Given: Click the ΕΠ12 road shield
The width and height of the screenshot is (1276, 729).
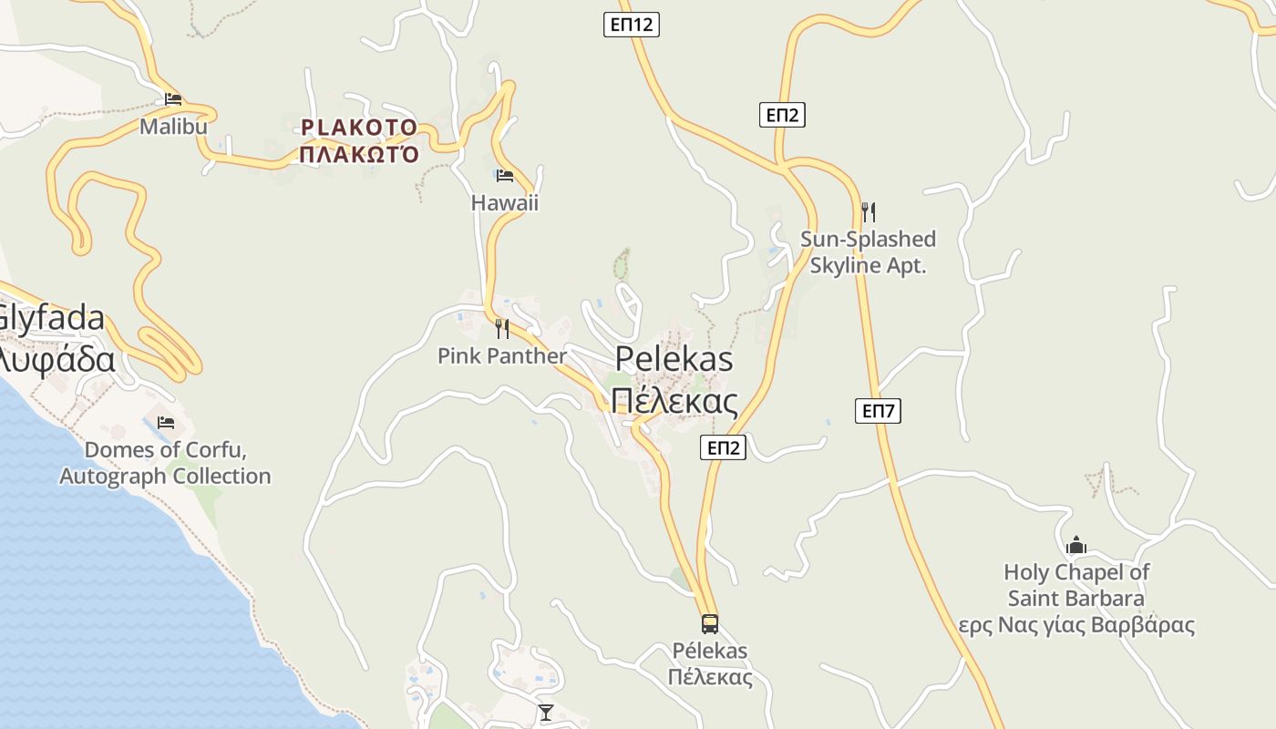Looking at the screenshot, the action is [631, 25].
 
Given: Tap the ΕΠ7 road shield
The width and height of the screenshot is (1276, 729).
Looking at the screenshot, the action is [879, 411].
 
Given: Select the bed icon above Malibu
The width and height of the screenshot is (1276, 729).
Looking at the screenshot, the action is [173, 99].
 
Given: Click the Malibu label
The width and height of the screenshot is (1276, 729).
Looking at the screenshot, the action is [173, 127].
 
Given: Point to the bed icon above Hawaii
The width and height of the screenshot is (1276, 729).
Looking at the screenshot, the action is [504, 175].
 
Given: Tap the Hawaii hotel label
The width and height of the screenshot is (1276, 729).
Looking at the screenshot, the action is [504, 202].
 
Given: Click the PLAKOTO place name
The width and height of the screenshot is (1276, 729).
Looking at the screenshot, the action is [359, 128].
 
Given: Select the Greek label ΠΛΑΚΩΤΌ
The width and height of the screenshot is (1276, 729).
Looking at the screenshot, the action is [359, 153].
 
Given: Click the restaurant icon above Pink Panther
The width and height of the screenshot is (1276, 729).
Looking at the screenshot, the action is [501, 328].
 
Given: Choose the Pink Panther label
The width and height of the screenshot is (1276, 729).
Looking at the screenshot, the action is [502, 355].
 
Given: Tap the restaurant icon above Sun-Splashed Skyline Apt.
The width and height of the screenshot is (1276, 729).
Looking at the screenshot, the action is [869, 212].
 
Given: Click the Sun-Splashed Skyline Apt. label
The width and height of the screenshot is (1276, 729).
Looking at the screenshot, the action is [868, 252].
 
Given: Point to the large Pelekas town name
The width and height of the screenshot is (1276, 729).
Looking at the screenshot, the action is [674, 359].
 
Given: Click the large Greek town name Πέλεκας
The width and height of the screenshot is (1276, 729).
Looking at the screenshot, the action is [674, 400].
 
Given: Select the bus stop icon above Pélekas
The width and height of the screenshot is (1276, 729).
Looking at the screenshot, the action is [709, 624].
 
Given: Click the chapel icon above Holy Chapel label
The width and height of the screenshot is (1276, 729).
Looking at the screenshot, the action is [1076, 545].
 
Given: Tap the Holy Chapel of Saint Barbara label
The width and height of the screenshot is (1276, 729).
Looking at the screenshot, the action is [1076, 586].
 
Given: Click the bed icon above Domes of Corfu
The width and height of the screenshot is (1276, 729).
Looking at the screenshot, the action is [165, 423].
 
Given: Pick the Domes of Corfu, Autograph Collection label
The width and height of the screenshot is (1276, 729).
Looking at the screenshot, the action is [165, 463].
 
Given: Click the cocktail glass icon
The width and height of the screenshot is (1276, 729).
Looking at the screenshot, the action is [546, 712].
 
